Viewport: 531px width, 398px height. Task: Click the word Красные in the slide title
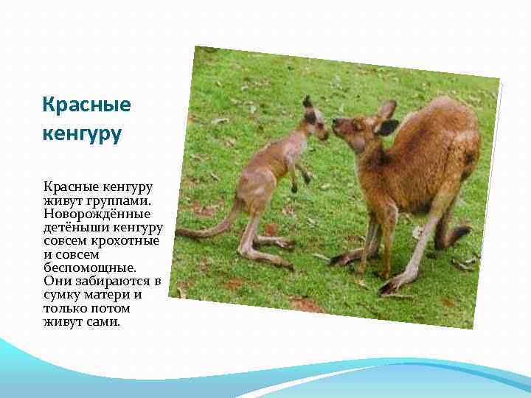86,105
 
